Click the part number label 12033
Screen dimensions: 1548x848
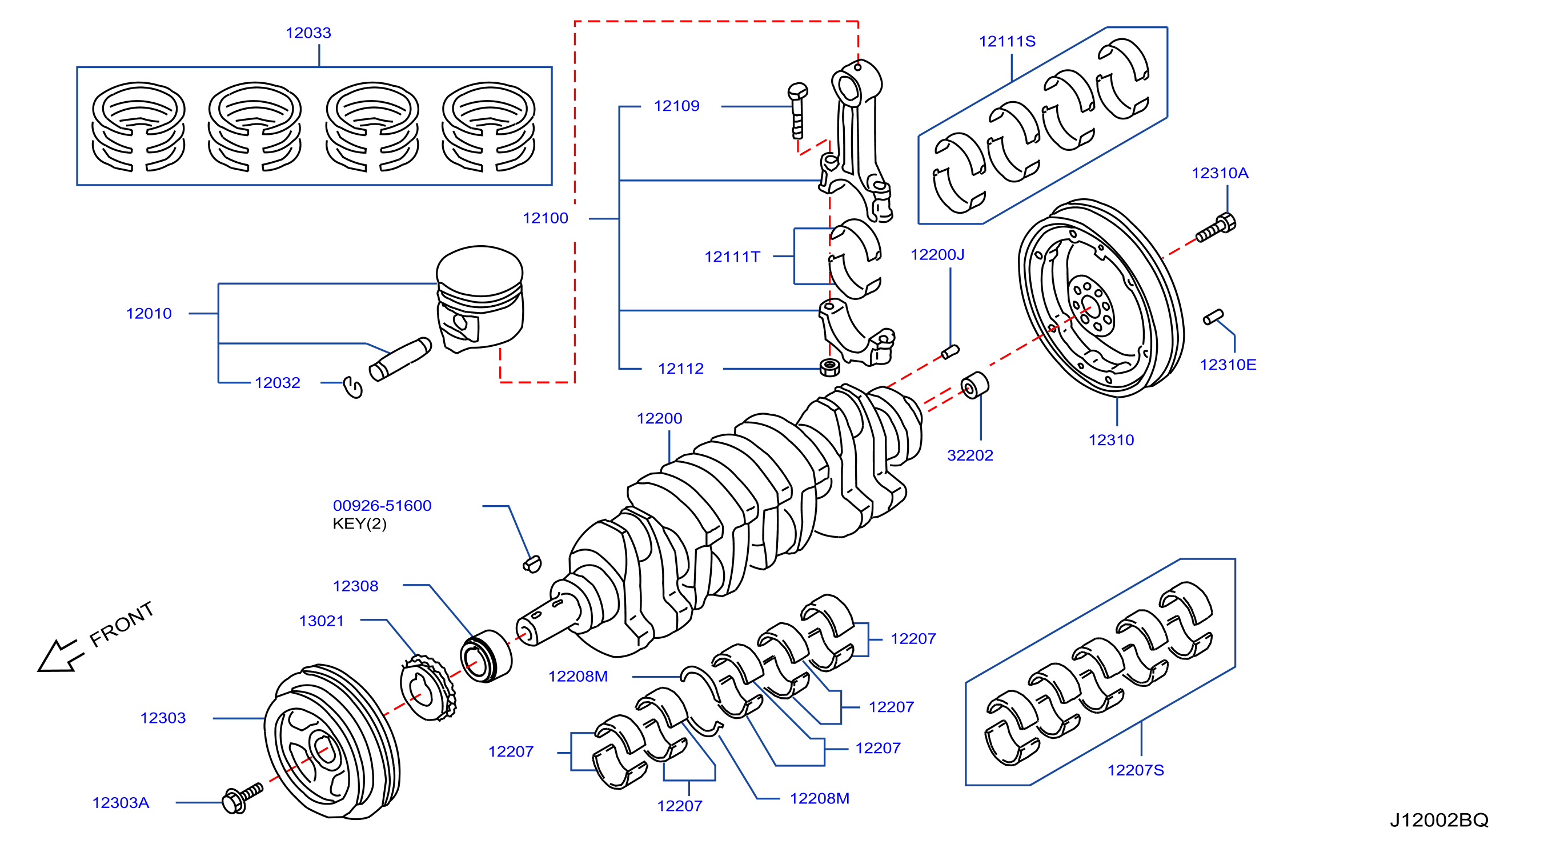(x=308, y=33)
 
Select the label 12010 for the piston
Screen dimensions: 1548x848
(x=149, y=314)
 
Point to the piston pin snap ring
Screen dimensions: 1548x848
(x=353, y=387)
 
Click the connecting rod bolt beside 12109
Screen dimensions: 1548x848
(x=797, y=111)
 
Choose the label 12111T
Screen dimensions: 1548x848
(x=732, y=257)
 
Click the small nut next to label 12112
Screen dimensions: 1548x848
(x=830, y=367)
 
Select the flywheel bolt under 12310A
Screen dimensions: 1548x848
(x=1216, y=228)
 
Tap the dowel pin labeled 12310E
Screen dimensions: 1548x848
(x=1213, y=317)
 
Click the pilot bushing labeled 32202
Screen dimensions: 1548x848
(x=974, y=386)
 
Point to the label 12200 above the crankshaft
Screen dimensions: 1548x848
(x=659, y=419)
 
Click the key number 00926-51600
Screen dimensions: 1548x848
(x=382, y=506)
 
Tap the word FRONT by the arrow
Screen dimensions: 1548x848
(x=122, y=625)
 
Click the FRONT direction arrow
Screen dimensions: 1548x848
(x=58, y=656)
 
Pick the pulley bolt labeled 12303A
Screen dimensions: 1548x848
(x=243, y=798)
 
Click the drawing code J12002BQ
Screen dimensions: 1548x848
(x=1439, y=821)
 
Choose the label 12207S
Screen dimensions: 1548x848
(x=1135, y=770)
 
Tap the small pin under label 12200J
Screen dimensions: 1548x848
(x=950, y=351)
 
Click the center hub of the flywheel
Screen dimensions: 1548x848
(x=1090, y=305)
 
